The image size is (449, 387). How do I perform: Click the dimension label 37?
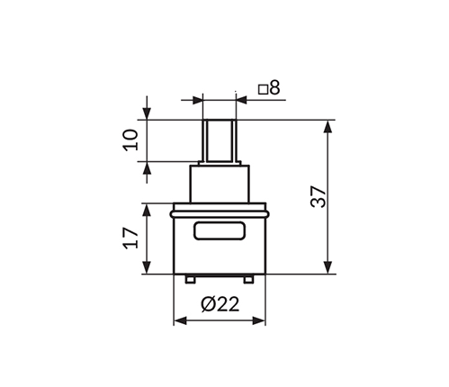(x=319, y=196)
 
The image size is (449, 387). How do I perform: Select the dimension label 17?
(x=131, y=238)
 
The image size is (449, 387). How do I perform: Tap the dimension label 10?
(x=131, y=139)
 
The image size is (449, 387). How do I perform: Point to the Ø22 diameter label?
(x=220, y=304)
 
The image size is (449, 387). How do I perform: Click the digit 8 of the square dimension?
(x=274, y=88)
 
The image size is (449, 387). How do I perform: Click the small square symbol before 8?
(x=263, y=90)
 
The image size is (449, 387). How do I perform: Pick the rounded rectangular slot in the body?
(x=220, y=230)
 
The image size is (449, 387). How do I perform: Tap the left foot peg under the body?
(x=190, y=280)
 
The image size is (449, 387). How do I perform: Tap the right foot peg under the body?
(x=248, y=280)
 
